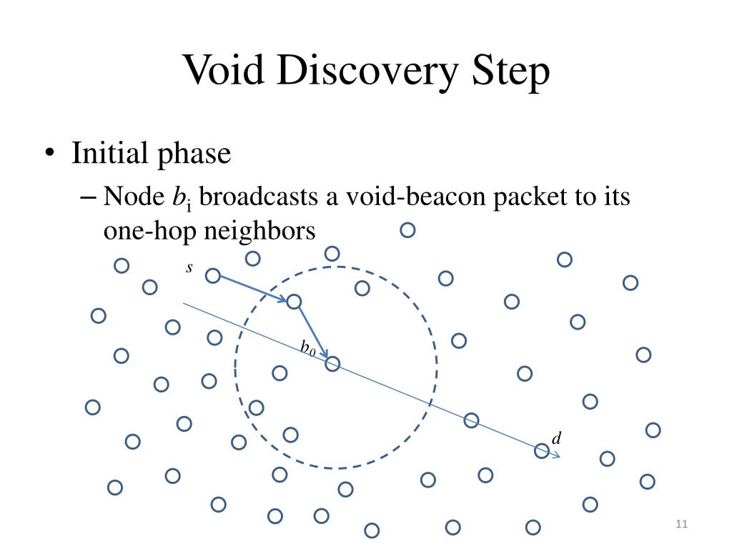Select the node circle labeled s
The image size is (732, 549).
pyautogui.click(x=213, y=275)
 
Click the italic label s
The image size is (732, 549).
pyautogui.click(x=189, y=268)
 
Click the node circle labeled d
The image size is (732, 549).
pyautogui.click(x=542, y=450)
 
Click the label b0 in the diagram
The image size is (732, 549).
pyautogui.click(x=307, y=347)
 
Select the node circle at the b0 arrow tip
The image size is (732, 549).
pyautogui.click(x=332, y=364)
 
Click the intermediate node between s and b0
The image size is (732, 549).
pyautogui.click(x=294, y=302)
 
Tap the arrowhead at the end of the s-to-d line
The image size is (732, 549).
pyautogui.click(x=557, y=455)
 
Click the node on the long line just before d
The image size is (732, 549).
pyautogui.click(x=472, y=420)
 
